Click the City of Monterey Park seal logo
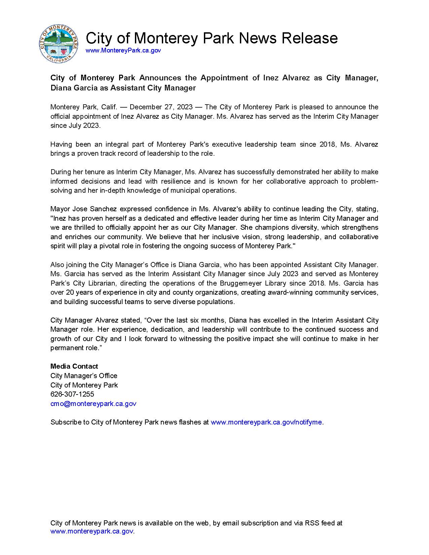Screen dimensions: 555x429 [59, 44]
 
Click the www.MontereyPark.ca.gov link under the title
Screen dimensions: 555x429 [123, 50]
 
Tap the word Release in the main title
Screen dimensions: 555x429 [310, 38]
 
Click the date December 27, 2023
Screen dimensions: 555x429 [161, 107]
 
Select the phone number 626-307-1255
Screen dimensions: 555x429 [72, 394]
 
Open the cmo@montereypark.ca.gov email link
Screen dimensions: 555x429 [93, 404]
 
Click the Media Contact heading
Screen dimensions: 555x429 [74, 366]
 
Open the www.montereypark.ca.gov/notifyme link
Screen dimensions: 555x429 [266, 422]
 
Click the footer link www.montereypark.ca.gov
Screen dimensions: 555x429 [92, 531]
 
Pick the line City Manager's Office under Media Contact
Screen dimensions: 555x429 [84, 376]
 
